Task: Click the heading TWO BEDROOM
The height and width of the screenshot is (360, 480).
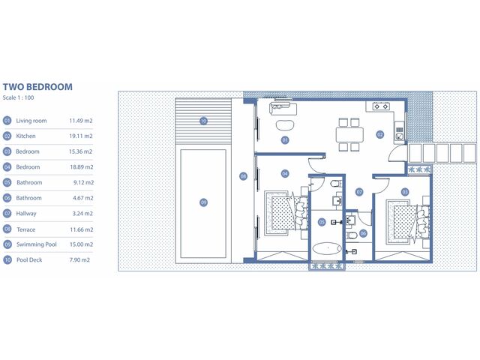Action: tap(37, 87)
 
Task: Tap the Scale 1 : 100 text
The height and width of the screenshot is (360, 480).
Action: tap(18, 97)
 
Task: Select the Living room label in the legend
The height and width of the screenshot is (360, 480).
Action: tap(31, 121)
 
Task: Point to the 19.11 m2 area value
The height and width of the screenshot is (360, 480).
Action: tap(81, 136)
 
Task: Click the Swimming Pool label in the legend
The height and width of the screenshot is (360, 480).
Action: tap(37, 244)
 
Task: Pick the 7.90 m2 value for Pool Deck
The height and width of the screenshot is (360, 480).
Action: tap(79, 260)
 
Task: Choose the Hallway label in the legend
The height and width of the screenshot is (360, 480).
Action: tap(26, 213)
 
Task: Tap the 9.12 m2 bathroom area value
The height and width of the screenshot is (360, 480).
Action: tap(83, 182)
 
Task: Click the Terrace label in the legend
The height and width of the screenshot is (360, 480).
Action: tap(26, 229)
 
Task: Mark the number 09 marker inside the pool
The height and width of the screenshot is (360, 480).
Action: tap(203, 202)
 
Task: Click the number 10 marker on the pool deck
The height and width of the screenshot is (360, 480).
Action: tap(203, 121)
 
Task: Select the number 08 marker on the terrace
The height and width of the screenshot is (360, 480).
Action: tap(243, 176)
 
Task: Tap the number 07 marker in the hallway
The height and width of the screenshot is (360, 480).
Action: tap(359, 192)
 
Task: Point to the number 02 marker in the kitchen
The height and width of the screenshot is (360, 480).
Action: tap(380, 134)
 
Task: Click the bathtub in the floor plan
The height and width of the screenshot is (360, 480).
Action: tap(328, 248)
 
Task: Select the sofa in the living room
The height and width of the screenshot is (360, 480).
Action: tap(283, 109)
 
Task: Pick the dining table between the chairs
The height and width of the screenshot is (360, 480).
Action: tap(349, 135)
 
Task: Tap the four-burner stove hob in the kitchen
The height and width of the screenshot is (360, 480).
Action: tap(381, 106)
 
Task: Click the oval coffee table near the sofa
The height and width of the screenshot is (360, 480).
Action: tap(285, 125)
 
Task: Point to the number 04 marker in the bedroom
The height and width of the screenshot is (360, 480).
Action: tap(285, 174)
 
